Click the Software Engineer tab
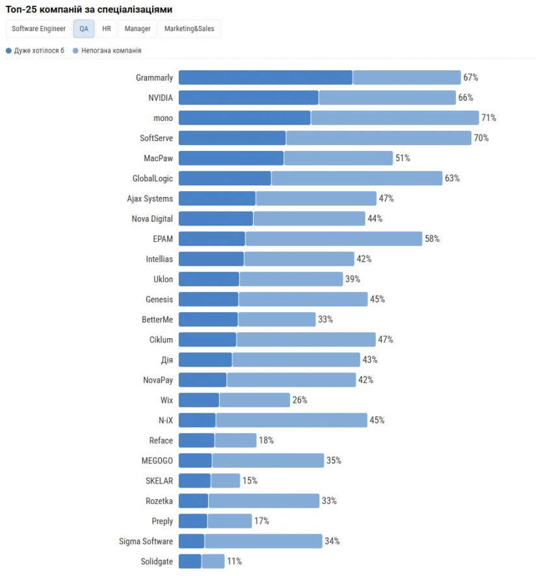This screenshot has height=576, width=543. [38, 29]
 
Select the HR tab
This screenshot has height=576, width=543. [107, 29]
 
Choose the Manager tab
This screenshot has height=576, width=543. [137, 29]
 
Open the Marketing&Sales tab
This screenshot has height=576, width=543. [189, 29]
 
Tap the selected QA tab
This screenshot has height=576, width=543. [84, 29]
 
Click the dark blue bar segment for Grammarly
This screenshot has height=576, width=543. [265, 78]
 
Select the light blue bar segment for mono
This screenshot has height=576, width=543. [395, 118]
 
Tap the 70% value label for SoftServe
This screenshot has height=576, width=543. [481, 138]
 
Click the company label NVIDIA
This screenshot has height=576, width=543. [161, 98]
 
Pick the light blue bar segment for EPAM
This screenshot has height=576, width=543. [334, 239]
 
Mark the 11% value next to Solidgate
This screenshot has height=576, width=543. [234, 562]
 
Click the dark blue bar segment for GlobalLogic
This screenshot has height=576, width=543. [225, 179]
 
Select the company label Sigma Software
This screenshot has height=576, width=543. [146, 542]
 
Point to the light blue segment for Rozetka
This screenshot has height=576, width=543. [263, 501]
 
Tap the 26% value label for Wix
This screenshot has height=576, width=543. [300, 400]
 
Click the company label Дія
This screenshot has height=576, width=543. [166, 360]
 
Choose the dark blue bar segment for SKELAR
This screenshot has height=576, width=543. [194, 481]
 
